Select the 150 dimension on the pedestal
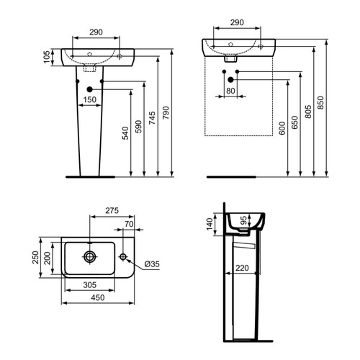[x=89, y=99]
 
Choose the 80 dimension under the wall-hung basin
[x=230, y=91]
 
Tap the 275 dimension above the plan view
[x=111, y=212]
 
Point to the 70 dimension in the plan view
[x=127, y=225]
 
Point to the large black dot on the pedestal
[x=90, y=89]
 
